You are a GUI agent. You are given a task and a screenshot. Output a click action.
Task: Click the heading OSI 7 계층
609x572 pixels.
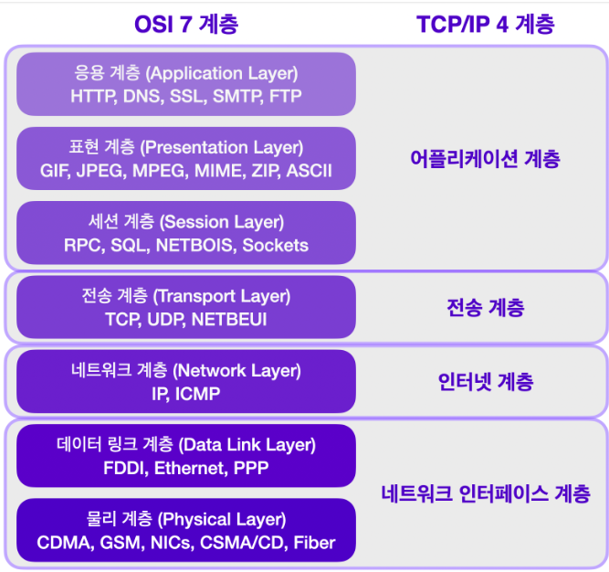(186, 24)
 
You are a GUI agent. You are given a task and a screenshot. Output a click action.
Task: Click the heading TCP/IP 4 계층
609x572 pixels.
(486, 24)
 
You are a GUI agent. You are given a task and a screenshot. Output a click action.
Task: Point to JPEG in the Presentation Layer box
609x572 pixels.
(101, 171)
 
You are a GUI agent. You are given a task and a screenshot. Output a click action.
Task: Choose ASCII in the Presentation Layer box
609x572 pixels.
(310, 171)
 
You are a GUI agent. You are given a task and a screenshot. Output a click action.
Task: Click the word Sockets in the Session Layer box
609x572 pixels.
(276, 245)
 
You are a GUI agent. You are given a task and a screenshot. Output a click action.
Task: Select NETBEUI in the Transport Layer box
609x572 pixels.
(229, 320)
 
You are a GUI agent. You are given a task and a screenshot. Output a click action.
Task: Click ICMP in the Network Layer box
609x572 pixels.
(198, 394)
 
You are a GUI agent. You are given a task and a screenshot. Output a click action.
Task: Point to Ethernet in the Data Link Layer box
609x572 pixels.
(191, 468)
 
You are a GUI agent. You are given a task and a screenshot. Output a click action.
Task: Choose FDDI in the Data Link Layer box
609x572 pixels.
(126, 468)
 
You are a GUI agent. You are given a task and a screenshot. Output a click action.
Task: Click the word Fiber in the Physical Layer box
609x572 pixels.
(314, 543)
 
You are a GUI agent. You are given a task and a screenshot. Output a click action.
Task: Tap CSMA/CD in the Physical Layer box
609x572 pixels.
(244, 543)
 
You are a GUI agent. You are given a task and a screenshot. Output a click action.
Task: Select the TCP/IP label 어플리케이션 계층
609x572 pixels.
(485, 159)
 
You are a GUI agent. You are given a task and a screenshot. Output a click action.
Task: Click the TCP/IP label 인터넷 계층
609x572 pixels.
(486, 382)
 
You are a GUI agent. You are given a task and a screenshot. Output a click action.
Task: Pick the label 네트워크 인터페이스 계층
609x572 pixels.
(486, 493)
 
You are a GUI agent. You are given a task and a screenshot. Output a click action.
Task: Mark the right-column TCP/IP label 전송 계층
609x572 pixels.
(486, 307)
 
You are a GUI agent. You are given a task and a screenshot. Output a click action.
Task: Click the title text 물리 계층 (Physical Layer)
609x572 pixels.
(186, 519)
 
